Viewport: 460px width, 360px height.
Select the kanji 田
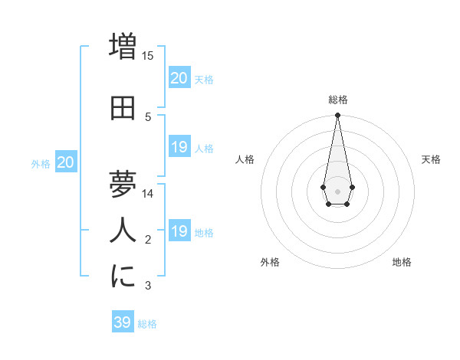[123, 109]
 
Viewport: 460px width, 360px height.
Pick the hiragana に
[123, 277]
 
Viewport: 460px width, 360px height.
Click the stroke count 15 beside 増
[148, 56]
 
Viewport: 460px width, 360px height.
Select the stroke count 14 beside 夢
[148, 194]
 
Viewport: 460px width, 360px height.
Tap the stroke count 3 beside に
[148, 286]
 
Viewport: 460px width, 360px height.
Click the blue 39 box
[123, 322]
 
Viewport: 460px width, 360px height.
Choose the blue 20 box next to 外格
[66, 162]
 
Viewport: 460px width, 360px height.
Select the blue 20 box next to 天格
[179, 78]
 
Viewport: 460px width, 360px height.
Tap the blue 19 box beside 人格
[179, 147]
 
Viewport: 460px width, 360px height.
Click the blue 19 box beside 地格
[179, 231]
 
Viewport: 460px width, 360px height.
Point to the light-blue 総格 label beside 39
[147, 324]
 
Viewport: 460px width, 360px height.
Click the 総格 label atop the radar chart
[337, 100]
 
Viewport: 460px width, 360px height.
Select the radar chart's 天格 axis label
[432, 159]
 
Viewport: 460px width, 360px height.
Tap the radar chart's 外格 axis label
[270, 262]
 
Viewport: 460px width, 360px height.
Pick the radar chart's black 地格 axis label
[402, 262]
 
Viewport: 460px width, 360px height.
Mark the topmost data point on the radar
[337, 116]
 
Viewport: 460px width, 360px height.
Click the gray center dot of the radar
[337, 190]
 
